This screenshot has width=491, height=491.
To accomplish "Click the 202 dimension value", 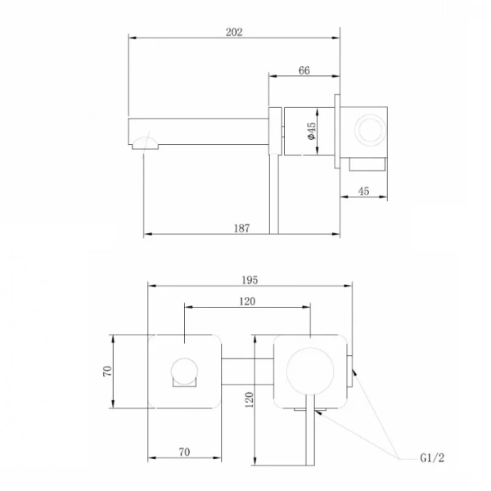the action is pos(234,32).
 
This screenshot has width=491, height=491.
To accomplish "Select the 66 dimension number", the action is pos(304,70).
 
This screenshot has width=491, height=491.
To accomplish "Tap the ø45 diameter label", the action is pos(312,131).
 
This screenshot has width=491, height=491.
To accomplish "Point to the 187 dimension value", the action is pos(241,228).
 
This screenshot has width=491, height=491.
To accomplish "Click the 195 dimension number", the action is pos(250,280).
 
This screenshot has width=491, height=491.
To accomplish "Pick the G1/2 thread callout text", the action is pos(432,458).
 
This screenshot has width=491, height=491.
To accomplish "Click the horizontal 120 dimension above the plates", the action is pos(247,301).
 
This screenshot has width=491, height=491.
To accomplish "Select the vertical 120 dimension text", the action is pos(250,400).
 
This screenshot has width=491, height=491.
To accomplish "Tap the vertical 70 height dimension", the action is pos(107,372).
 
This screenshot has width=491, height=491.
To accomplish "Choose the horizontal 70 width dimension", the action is pos(184,452).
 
